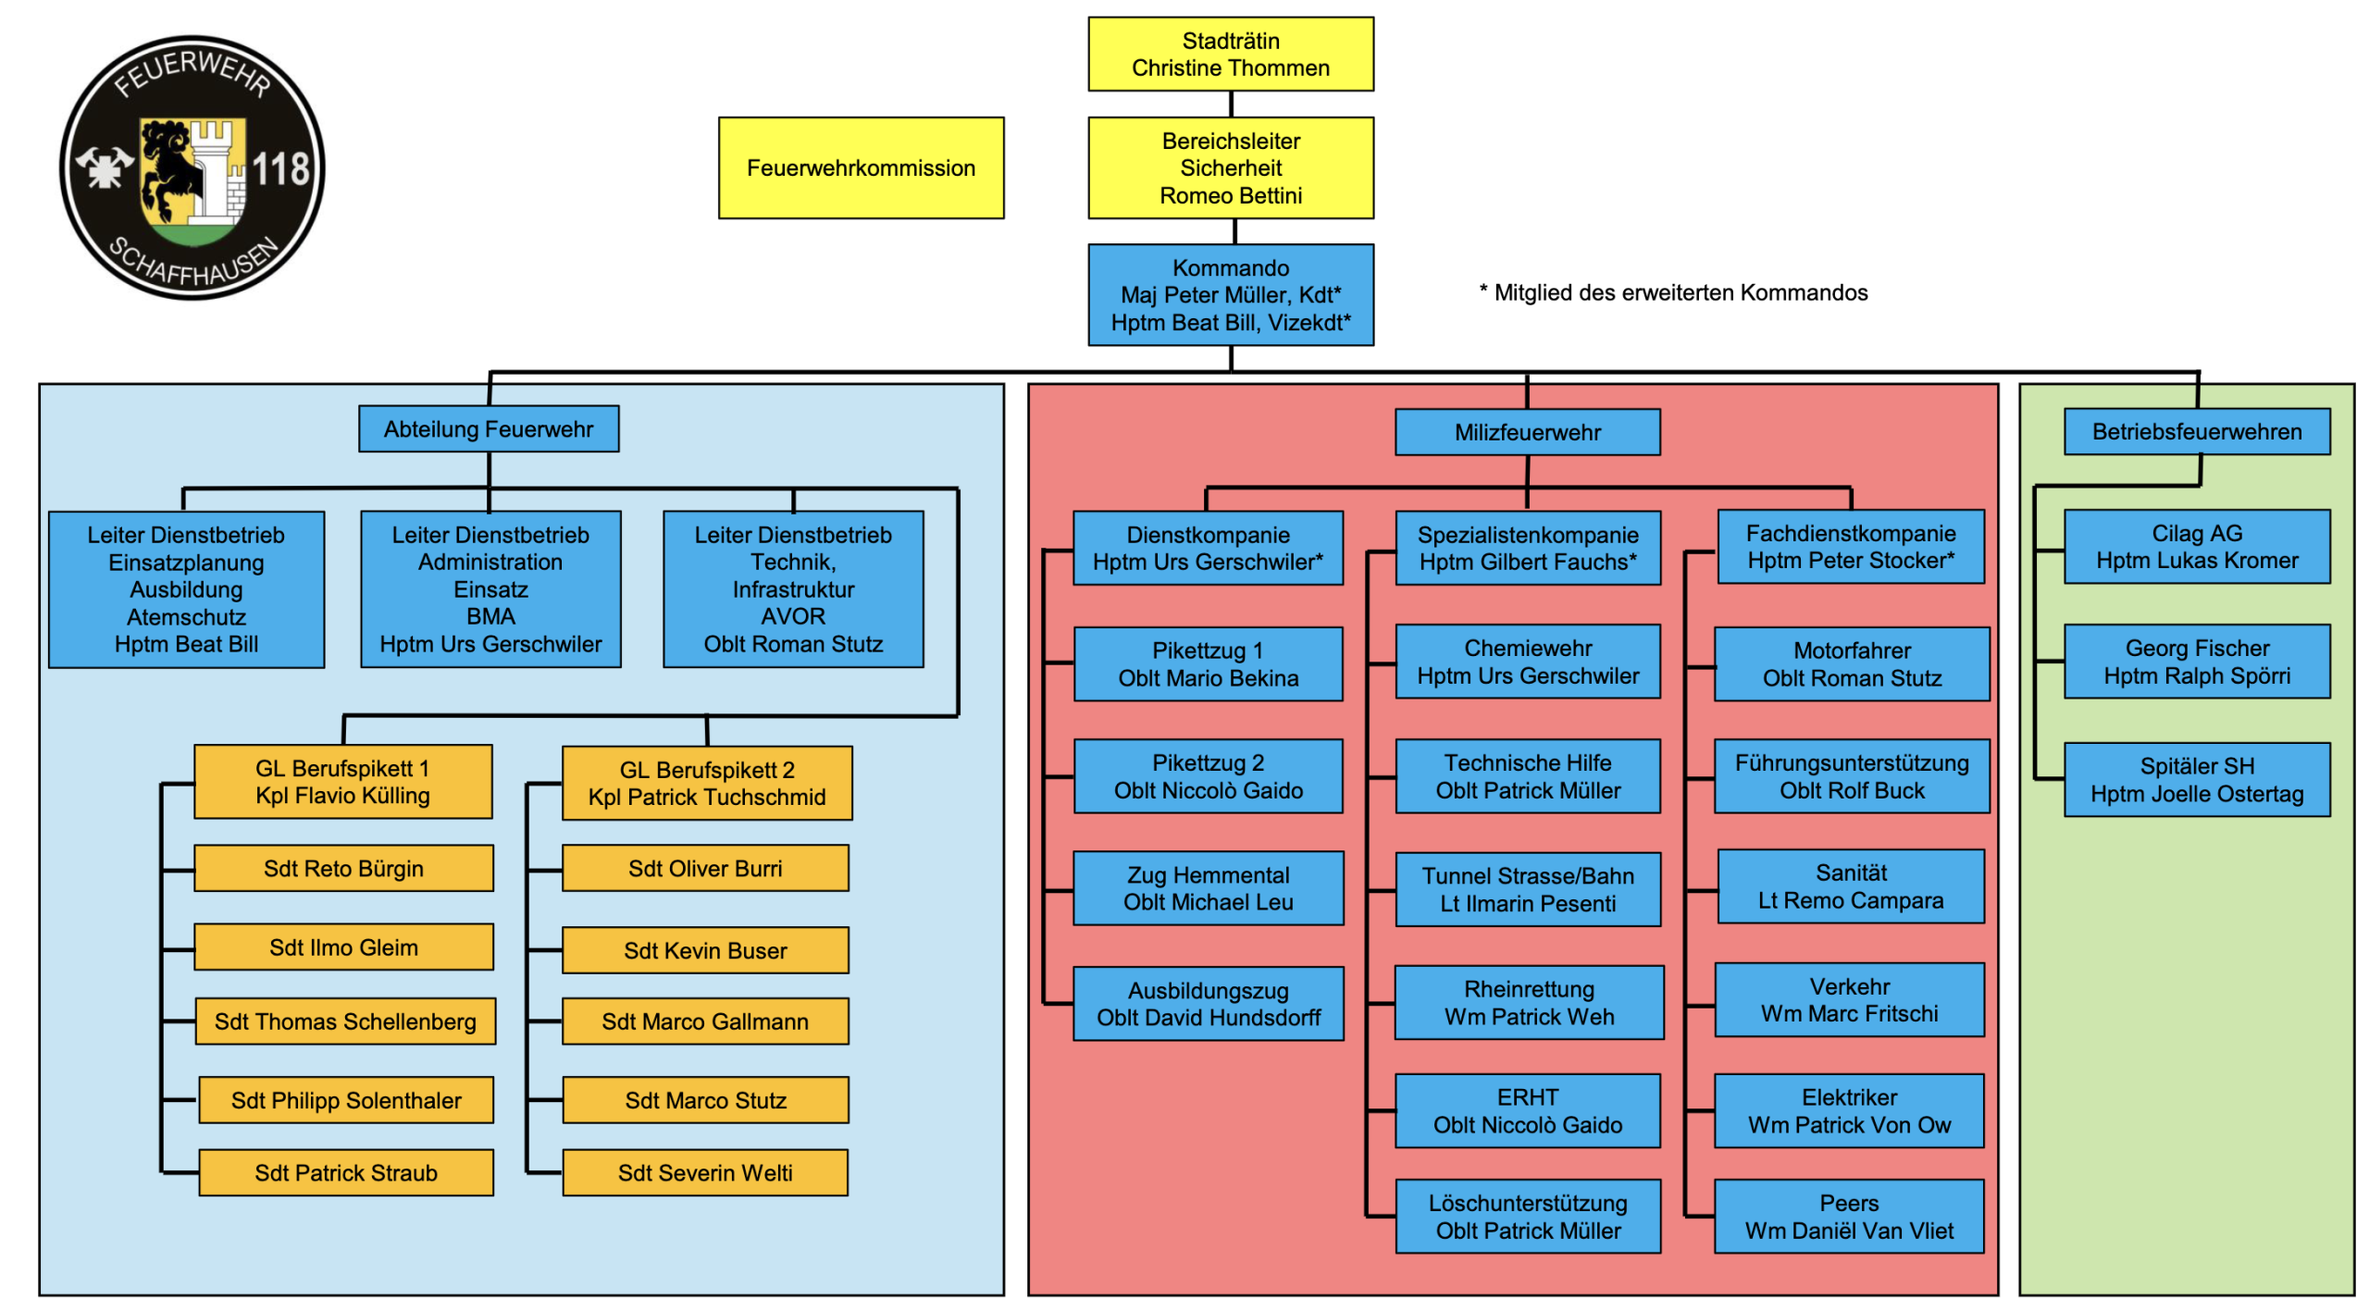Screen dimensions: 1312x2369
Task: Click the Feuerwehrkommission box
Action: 860,167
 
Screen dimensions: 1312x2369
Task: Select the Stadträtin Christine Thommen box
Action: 1230,54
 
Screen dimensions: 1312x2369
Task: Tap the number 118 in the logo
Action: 280,169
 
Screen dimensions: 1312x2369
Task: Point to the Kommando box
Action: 1230,294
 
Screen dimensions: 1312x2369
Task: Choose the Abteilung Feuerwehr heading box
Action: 489,428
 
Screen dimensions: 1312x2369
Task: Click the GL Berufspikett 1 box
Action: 342,782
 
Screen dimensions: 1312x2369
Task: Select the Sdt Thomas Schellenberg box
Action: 345,1021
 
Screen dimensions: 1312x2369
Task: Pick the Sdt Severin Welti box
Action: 704,1172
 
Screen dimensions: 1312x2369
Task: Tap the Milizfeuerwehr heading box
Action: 1527,432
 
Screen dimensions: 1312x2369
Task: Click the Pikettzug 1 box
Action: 1208,663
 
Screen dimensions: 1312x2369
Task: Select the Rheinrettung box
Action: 1528,1002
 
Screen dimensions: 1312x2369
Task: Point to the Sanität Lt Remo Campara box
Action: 1850,885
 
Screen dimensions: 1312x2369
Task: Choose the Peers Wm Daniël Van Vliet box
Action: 1848,1216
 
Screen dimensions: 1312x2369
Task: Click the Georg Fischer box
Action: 2196,662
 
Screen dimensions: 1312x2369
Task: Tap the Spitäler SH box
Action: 2196,779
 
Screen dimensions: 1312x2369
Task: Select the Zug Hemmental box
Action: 1208,887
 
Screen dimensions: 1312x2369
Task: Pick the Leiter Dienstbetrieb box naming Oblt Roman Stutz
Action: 793,588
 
